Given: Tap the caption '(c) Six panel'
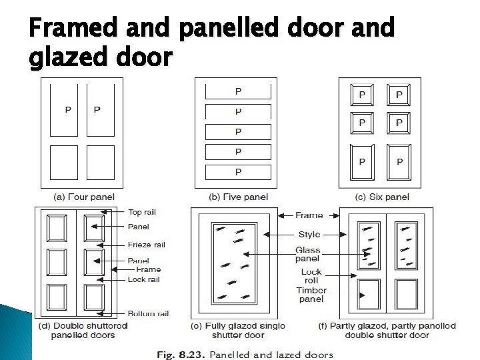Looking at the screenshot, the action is pyautogui.click(x=382, y=197).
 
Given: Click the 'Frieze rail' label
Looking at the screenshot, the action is pyautogui.click(x=146, y=245).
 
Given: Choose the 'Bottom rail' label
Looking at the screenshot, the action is pyautogui.click(x=147, y=313).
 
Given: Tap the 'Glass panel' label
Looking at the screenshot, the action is pyautogui.click(x=307, y=255).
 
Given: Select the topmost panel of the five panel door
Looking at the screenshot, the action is pyautogui.click(x=238, y=91).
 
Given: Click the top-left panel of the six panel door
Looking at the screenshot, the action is pyautogui.click(x=362, y=95).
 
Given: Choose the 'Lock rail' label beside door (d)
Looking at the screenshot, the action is pyautogui.click(x=143, y=279).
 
